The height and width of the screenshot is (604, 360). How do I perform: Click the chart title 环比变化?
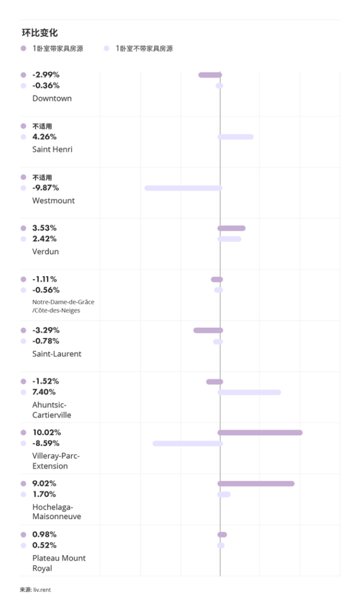(x=40, y=33)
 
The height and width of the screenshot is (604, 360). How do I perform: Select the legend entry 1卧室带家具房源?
(x=57, y=49)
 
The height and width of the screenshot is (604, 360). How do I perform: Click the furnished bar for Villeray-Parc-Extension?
(x=260, y=432)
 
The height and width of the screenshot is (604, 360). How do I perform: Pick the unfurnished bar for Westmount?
(x=183, y=188)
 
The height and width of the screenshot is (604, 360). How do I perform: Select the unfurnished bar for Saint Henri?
(x=235, y=137)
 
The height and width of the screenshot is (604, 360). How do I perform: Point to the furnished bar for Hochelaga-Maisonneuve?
(x=256, y=484)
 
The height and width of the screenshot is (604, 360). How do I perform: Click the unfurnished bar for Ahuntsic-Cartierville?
(x=249, y=392)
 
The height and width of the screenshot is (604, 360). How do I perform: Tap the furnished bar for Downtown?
(x=210, y=75)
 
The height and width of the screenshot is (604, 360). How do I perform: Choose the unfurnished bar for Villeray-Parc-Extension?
(x=187, y=443)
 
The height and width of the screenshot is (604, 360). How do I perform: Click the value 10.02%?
(x=47, y=432)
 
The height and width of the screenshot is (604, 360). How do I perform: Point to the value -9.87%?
(x=46, y=188)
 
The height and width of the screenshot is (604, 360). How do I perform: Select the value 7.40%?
(x=44, y=392)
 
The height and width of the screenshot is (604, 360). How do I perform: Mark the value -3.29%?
(x=46, y=330)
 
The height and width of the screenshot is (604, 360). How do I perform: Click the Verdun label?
(x=45, y=252)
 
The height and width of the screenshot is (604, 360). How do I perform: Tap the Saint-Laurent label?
(x=57, y=354)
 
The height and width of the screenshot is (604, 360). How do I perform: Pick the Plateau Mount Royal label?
(x=58, y=563)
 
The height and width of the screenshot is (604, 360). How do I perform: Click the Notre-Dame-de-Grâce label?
(x=63, y=302)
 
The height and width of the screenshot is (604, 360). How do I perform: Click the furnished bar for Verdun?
(x=231, y=228)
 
